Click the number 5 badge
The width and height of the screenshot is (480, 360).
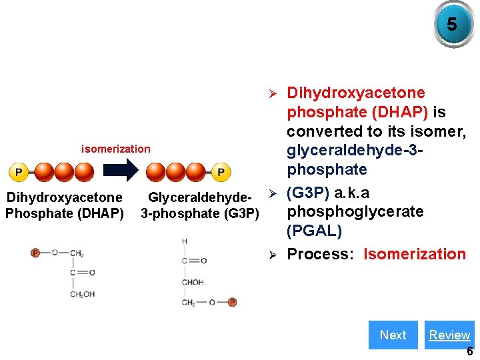pos(452,25)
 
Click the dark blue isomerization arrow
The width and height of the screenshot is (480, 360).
pos(123,171)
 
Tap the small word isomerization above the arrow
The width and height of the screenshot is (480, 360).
pos(116,149)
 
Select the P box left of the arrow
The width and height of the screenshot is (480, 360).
pos(19,173)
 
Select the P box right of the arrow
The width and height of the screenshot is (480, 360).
pos(221,173)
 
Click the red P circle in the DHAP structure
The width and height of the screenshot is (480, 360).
pos(35,253)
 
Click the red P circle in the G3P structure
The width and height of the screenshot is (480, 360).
pos(232,302)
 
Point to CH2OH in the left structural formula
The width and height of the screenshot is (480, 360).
pos(82,294)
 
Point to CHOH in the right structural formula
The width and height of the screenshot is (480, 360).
pos(193,283)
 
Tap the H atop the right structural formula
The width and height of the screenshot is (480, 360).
pos(184,241)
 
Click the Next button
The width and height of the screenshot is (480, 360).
pos(393,335)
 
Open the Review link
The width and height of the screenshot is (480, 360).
pos(449,335)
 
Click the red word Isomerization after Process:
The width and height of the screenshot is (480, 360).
pos(415,254)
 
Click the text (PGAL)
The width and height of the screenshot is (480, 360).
pos(314,231)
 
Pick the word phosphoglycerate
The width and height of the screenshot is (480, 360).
pos(355,211)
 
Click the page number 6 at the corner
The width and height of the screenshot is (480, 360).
pos(469,351)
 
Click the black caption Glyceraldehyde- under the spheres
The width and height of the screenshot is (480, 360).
pos(200,197)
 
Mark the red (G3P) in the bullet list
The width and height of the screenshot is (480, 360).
pos(309,193)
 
